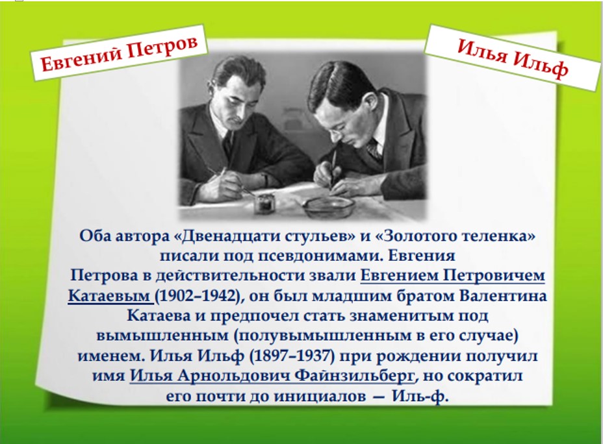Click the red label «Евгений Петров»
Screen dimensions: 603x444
pos(119,53)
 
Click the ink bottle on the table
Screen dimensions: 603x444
pos(264,204)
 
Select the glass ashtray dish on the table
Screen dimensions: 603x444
pos(328,208)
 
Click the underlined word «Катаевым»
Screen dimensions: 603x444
pos(109,296)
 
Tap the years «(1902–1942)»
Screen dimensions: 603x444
pos(198,296)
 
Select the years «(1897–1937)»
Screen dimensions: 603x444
pos(292,356)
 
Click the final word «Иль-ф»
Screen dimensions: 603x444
pos(420,395)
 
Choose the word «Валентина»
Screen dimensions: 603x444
pos(503,296)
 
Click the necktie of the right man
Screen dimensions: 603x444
pos(374,149)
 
